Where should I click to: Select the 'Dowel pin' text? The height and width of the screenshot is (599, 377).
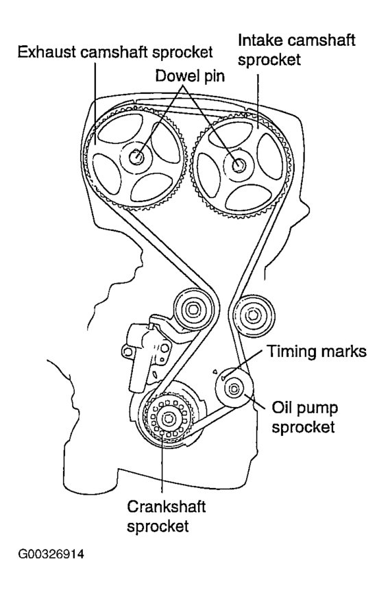[184, 77]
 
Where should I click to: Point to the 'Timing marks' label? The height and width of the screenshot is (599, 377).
[317, 352]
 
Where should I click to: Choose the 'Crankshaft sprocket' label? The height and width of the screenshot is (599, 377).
[166, 515]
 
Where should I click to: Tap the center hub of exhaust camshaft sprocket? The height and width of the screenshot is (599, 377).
[136, 156]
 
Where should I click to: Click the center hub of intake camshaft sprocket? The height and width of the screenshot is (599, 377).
[239, 164]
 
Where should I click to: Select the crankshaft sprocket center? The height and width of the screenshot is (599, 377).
[165, 419]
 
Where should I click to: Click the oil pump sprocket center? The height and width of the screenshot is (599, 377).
[234, 389]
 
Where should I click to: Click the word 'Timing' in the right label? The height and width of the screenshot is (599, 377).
[289, 352]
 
